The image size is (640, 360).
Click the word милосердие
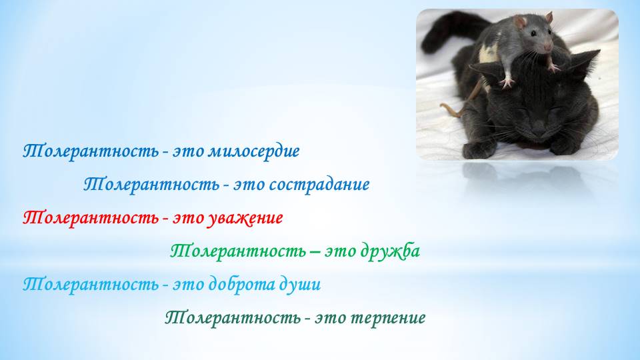point(254,152)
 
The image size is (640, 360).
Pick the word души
point(300,285)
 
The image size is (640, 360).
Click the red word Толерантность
point(91,217)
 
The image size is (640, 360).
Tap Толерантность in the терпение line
point(233,317)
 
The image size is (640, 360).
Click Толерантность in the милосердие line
point(91,151)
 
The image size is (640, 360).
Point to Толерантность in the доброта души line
point(91,284)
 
